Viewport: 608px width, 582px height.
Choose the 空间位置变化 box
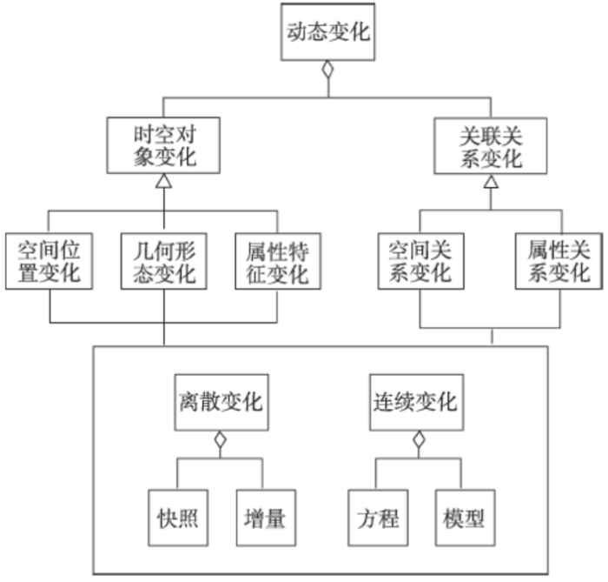[49, 261]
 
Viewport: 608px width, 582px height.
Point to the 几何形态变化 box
[163, 261]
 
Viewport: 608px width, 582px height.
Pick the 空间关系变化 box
[420, 261]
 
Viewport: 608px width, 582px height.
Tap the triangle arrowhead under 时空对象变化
[165, 182]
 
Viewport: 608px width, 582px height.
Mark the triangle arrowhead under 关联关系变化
[491, 182]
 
